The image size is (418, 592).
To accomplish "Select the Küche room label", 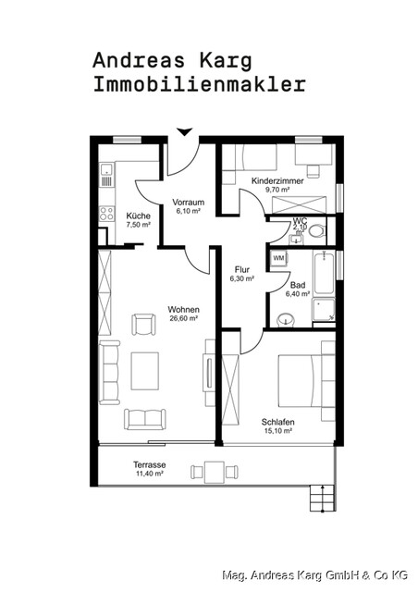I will tap(139, 216).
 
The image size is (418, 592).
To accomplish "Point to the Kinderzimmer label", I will tap(277, 181).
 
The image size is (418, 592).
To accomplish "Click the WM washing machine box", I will tap(278, 258).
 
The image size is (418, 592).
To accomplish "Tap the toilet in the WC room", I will tap(316, 230).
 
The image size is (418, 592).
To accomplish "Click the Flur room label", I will tap(242, 270).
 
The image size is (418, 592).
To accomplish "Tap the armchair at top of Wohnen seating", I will tap(144, 325).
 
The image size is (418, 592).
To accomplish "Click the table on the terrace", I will tap(214, 473).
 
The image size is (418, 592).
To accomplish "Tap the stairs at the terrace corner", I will tap(320, 498).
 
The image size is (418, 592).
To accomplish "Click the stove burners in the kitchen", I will tap(105, 216).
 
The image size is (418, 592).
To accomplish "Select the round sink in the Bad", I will tap(286, 320).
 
